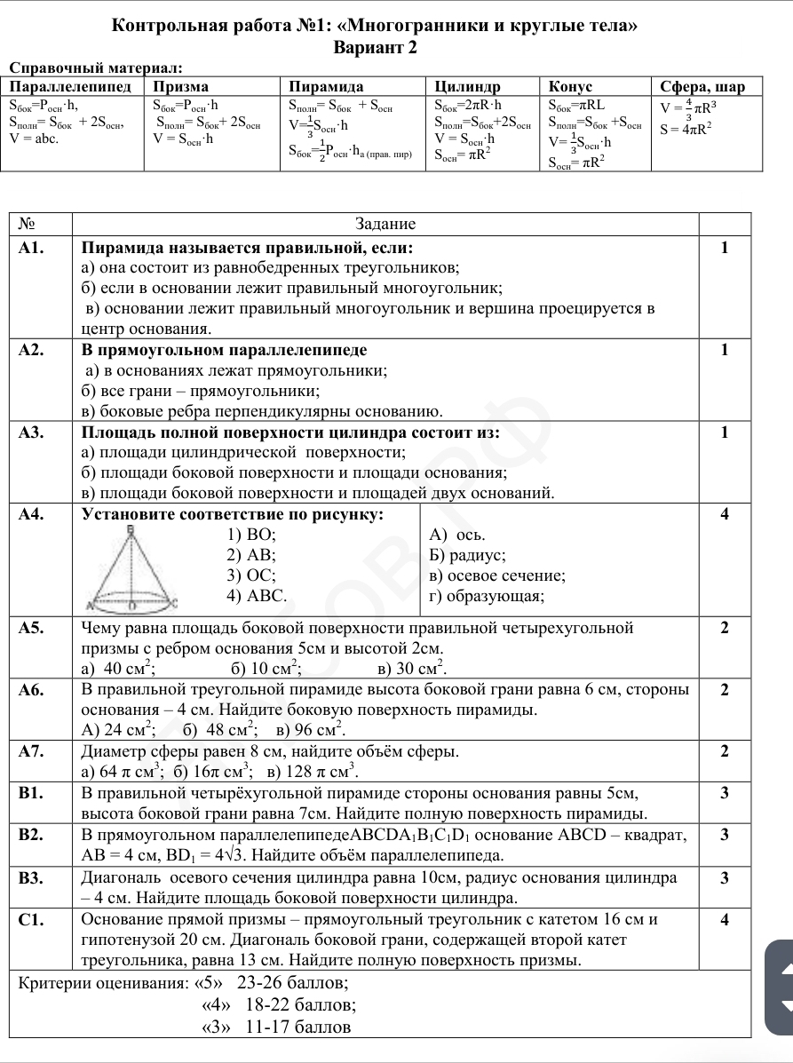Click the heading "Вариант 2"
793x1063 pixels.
(x=375, y=48)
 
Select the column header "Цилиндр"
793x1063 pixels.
(x=467, y=86)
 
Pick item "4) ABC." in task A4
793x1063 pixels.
(x=257, y=596)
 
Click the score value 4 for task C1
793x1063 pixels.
(x=725, y=920)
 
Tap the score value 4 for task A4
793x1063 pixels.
(x=725, y=514)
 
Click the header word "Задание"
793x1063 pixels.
(x=385, y=224)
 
